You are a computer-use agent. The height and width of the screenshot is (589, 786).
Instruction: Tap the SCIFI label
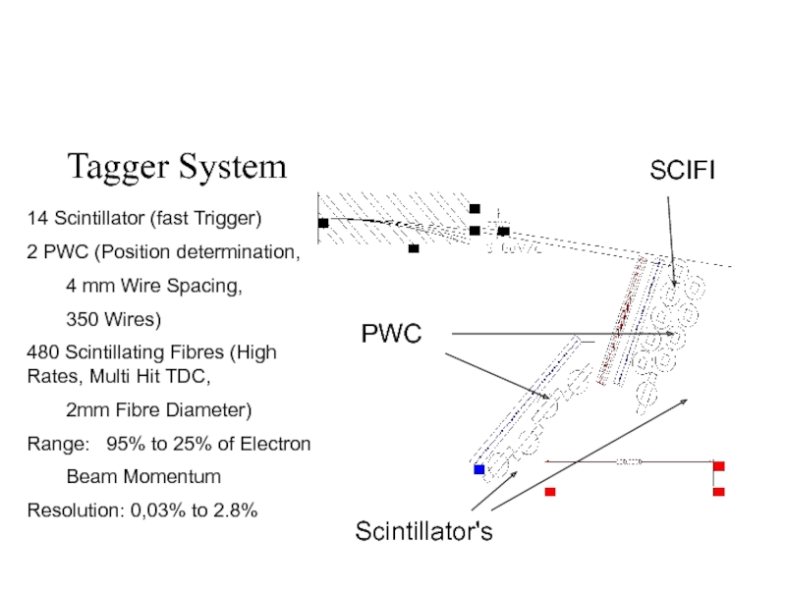pyautogui.click(x=683, y=171)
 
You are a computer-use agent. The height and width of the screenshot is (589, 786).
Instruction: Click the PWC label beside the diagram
pyautogui.click(x=391, y=334)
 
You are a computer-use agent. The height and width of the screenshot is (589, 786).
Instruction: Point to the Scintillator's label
pyautogui.click(x=423, y=532)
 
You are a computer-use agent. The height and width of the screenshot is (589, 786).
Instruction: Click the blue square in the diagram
pyautogui.click(x=479, y=469)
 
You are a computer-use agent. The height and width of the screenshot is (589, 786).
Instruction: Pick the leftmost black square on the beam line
pyautogui.click(x=323, y=223)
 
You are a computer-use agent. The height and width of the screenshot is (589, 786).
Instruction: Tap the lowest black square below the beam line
pyautogui.click(x=414, y=248)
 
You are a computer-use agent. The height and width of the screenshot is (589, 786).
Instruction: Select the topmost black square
pyautogui.click(x=475, y=208)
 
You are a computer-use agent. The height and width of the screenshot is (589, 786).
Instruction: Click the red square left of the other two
pyautogui.click(x=550, y=491)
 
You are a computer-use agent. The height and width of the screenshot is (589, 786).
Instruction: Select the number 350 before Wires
pyautogui.click(x=81, y=320)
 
